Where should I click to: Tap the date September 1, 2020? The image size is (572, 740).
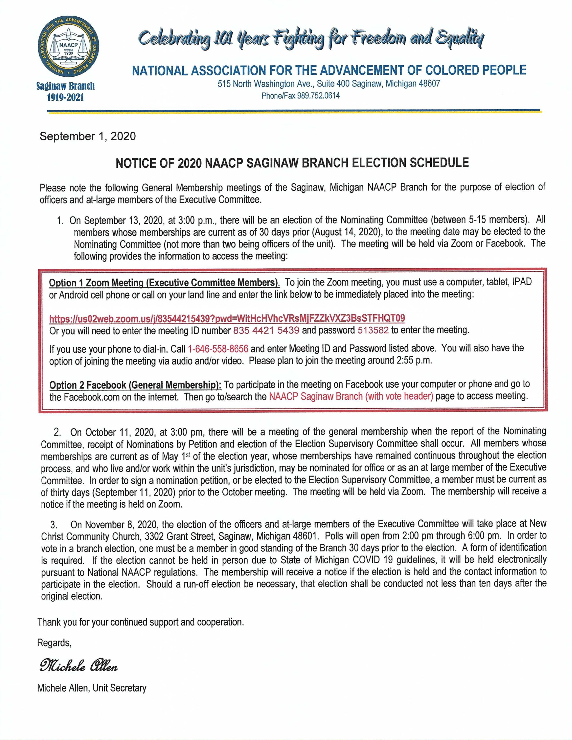pos(88,136)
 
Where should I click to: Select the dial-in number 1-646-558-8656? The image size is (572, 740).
pos(218,349)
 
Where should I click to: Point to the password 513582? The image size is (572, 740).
pos(373,330)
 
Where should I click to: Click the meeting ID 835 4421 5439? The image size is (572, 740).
pos(266,330)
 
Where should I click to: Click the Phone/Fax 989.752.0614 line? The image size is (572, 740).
pos(300,96)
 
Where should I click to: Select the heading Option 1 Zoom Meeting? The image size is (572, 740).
pos(165,283)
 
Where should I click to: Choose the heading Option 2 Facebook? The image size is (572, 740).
pos(135,385)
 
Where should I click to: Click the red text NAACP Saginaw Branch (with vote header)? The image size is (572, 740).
pos(351,396)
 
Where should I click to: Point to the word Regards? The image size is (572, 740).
pos(54,643)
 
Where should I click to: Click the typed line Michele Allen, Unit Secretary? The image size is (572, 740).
pos(92,688)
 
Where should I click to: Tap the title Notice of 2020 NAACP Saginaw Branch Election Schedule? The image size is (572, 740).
pos(292,163)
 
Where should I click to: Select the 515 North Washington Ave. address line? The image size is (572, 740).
pos(329,84)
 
